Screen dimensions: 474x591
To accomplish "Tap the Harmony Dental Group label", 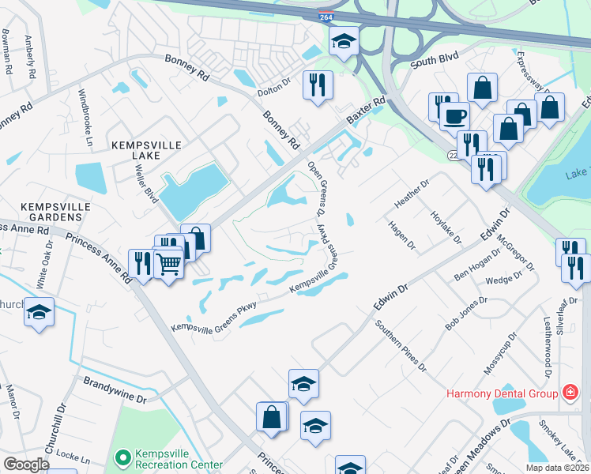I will [x=503, y=393].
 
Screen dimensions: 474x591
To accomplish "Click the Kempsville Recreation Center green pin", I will [x=122, y=457].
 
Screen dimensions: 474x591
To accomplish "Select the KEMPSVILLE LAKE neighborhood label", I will [x=146, y=145].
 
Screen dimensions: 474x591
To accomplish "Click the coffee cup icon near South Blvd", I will [x=454, y=116].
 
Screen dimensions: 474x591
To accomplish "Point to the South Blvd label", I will [x=435, y=60].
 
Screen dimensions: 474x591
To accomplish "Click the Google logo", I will [x=27, y=465].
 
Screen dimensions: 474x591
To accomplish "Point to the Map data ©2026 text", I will [x=557, y=468].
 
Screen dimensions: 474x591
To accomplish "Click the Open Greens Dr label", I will [x=316, y=189].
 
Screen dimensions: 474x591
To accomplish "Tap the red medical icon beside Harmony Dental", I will [x=569, y=393].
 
